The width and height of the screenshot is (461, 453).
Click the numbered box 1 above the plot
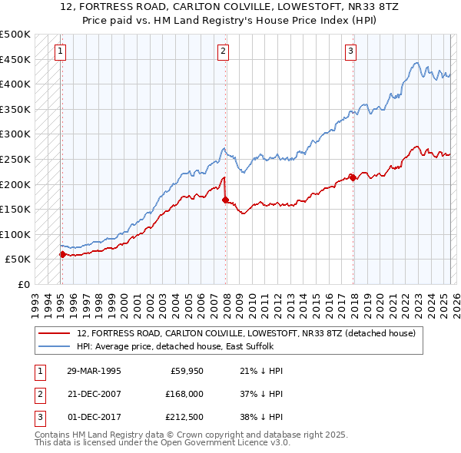[60, 51]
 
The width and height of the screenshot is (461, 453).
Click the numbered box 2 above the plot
[223, 51]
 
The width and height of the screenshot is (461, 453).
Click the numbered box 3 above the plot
[350, 51]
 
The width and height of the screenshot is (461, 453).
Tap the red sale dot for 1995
[62, 254]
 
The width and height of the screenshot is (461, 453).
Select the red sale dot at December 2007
[225, 200]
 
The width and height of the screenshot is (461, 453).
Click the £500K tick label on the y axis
[15, 35]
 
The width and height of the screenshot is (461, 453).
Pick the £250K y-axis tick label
[15, 159]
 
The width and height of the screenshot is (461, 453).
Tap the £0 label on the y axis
[23, 284]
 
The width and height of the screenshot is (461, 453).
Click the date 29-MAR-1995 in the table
[94, 371]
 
